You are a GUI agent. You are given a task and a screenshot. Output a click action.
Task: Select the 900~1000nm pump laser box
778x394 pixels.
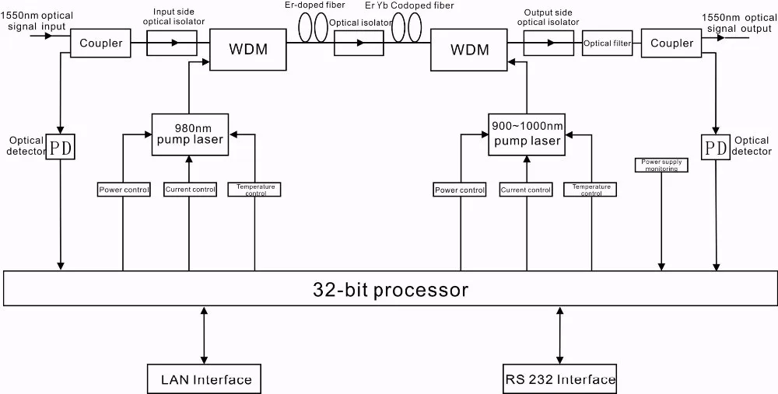tap(525, 133)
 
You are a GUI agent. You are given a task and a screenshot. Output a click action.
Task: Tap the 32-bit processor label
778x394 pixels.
tap(391, 290)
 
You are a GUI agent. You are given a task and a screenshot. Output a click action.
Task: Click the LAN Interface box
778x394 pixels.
tap(205, 378)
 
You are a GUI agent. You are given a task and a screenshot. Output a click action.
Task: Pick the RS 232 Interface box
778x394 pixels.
tap(559, 378)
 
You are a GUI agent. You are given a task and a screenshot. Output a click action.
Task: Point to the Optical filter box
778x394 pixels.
tap(607, 44)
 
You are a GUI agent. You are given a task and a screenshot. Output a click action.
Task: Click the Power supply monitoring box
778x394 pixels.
tap(661, 165)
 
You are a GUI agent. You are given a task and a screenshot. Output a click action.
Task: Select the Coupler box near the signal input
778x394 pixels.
tap(101, 44)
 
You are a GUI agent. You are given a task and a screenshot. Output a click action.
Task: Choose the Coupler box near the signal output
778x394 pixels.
tap(671, 44)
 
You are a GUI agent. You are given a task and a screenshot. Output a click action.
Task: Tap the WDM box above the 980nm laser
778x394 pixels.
tap(249, 50)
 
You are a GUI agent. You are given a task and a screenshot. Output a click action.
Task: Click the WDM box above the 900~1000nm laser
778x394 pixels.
tap(470, 50)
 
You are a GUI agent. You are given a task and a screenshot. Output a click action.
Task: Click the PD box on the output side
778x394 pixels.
tap(714, 147)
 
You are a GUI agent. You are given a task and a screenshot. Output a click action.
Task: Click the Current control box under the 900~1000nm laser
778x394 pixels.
tap(525, 189)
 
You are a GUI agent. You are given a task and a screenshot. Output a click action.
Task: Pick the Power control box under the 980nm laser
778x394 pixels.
tap(124, 189)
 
